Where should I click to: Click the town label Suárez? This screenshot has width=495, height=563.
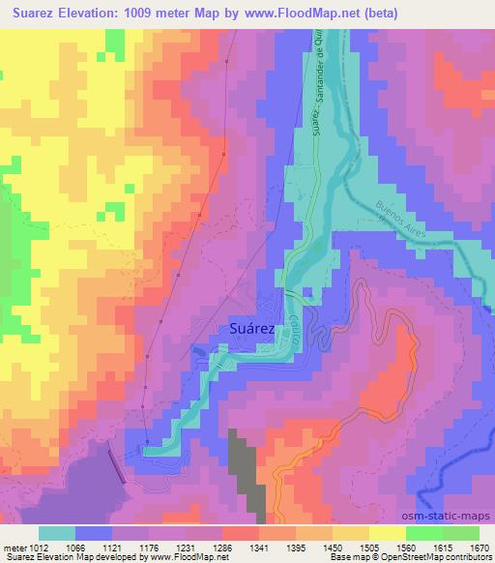(253, 329)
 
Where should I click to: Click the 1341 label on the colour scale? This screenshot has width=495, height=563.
(259, 547)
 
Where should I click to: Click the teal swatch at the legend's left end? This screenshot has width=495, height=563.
(57, 533)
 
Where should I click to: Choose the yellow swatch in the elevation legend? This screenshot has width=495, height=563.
(387, 533)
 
